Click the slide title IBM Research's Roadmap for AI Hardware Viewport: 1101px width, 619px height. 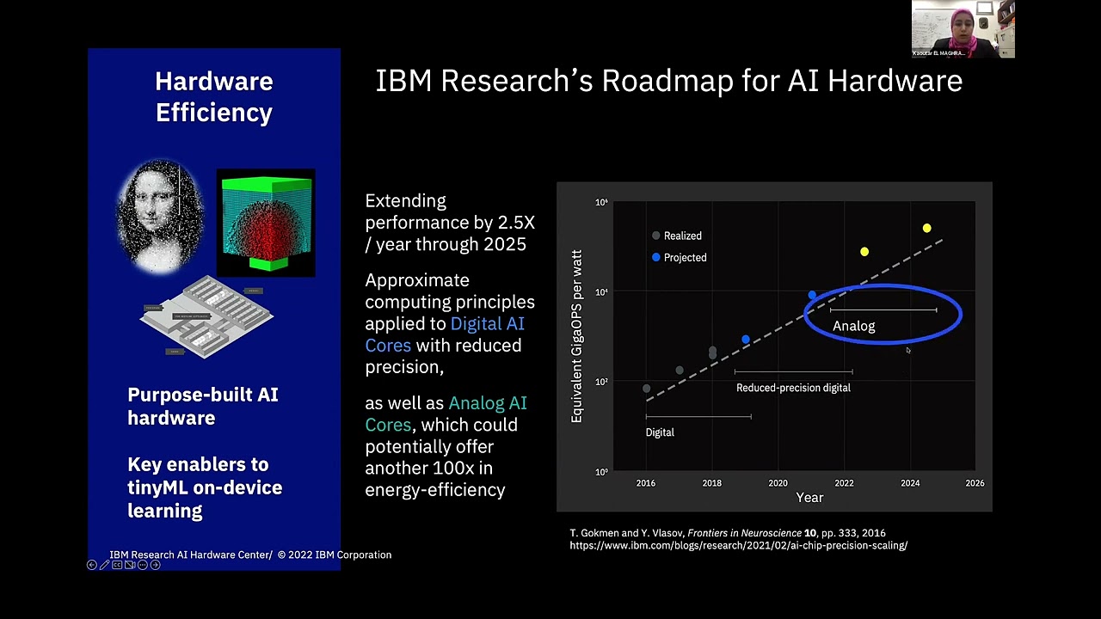click(668, 81)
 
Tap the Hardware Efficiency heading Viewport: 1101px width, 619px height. click(214, 96)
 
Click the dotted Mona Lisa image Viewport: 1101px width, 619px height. click(161, 216)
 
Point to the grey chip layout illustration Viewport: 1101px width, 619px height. click(206, 316)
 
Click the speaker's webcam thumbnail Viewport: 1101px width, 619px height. click(963, 29)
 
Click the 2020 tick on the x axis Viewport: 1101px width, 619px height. click(778, 483)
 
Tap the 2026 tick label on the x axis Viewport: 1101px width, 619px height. click(975, 483)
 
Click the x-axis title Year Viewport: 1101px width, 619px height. click(809, 498)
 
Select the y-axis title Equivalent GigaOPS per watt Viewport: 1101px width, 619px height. click(577, 336)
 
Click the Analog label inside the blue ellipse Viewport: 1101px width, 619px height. click(853, 326)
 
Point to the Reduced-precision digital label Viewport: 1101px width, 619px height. click(793, 388)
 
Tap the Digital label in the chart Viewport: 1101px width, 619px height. click(660, 432)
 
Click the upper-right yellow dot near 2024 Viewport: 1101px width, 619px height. click(926, 228)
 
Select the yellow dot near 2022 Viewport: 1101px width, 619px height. click(864, 252)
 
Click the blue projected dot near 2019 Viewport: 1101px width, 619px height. click(746, 340)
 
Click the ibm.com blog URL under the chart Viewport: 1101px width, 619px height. click(738, 545)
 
